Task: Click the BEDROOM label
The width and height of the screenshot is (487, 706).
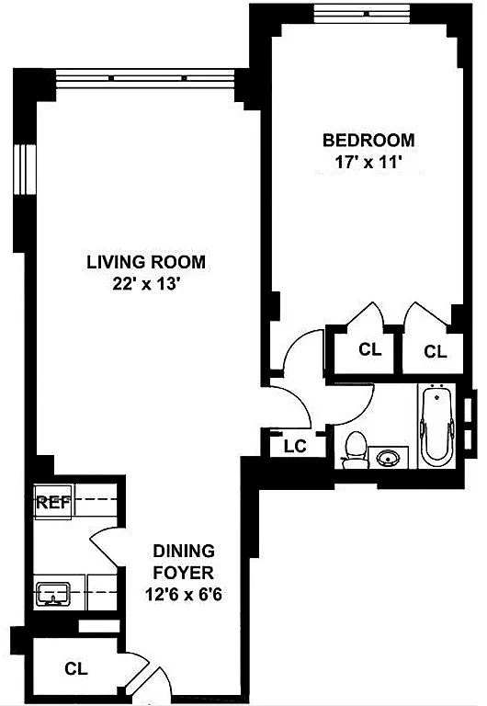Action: click(x=368, y=140)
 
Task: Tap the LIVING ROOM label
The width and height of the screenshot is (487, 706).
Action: click(x=146, y=262)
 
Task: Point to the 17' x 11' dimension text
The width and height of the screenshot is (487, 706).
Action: click(x=368, y=162)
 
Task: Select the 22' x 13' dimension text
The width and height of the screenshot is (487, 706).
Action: click(x=146, y=285)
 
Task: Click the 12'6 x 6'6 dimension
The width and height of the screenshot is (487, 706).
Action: click(x=184, y=595)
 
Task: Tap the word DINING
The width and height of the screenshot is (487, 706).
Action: click(x=184, y=551)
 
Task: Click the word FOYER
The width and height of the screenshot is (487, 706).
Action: click(x=184, y=573)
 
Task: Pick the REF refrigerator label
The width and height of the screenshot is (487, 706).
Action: click(x=53, y=503)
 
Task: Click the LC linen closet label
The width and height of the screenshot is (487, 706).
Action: click(x=295, y=446)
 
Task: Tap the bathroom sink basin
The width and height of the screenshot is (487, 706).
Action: click(x=388, y=459)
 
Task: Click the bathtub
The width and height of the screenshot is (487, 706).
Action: click(x=436, y=426)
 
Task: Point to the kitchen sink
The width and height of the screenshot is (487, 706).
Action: click(x=53, y=593)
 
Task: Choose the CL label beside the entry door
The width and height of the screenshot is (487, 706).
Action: click(x=76, y=668)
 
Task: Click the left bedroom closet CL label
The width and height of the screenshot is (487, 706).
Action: click(x=370, y=349)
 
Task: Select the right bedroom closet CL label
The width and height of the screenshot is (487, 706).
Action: click(x=436, y=352)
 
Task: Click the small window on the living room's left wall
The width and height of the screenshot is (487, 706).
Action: click(x=24, y=169)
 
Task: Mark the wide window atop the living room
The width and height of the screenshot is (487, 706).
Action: click(x=145, y=78)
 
